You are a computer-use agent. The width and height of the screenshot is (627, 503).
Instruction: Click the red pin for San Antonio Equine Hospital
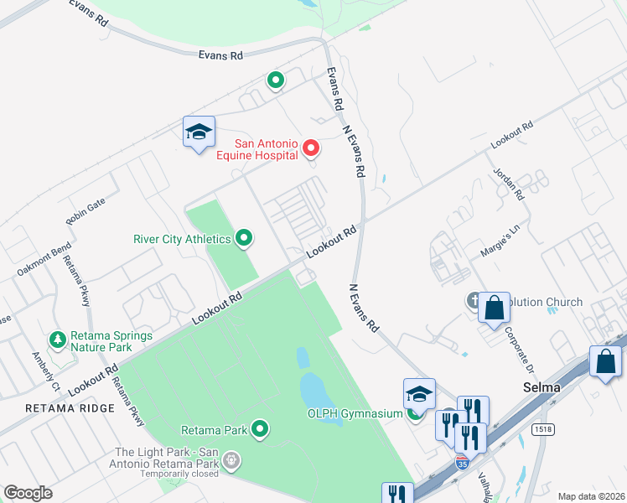311,149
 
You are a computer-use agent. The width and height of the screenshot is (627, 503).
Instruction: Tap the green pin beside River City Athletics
244,239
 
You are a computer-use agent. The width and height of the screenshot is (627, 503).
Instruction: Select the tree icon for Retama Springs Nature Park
58,340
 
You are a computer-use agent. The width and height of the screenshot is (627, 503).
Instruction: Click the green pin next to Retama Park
260,430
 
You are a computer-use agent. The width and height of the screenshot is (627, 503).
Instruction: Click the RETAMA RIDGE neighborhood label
70,408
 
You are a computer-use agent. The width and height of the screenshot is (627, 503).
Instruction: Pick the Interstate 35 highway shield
462,462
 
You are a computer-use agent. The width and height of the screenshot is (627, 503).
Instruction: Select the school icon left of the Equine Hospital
199,132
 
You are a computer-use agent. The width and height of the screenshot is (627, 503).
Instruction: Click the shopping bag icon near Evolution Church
494,307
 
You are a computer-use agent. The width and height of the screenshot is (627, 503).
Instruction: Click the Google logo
28,493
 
